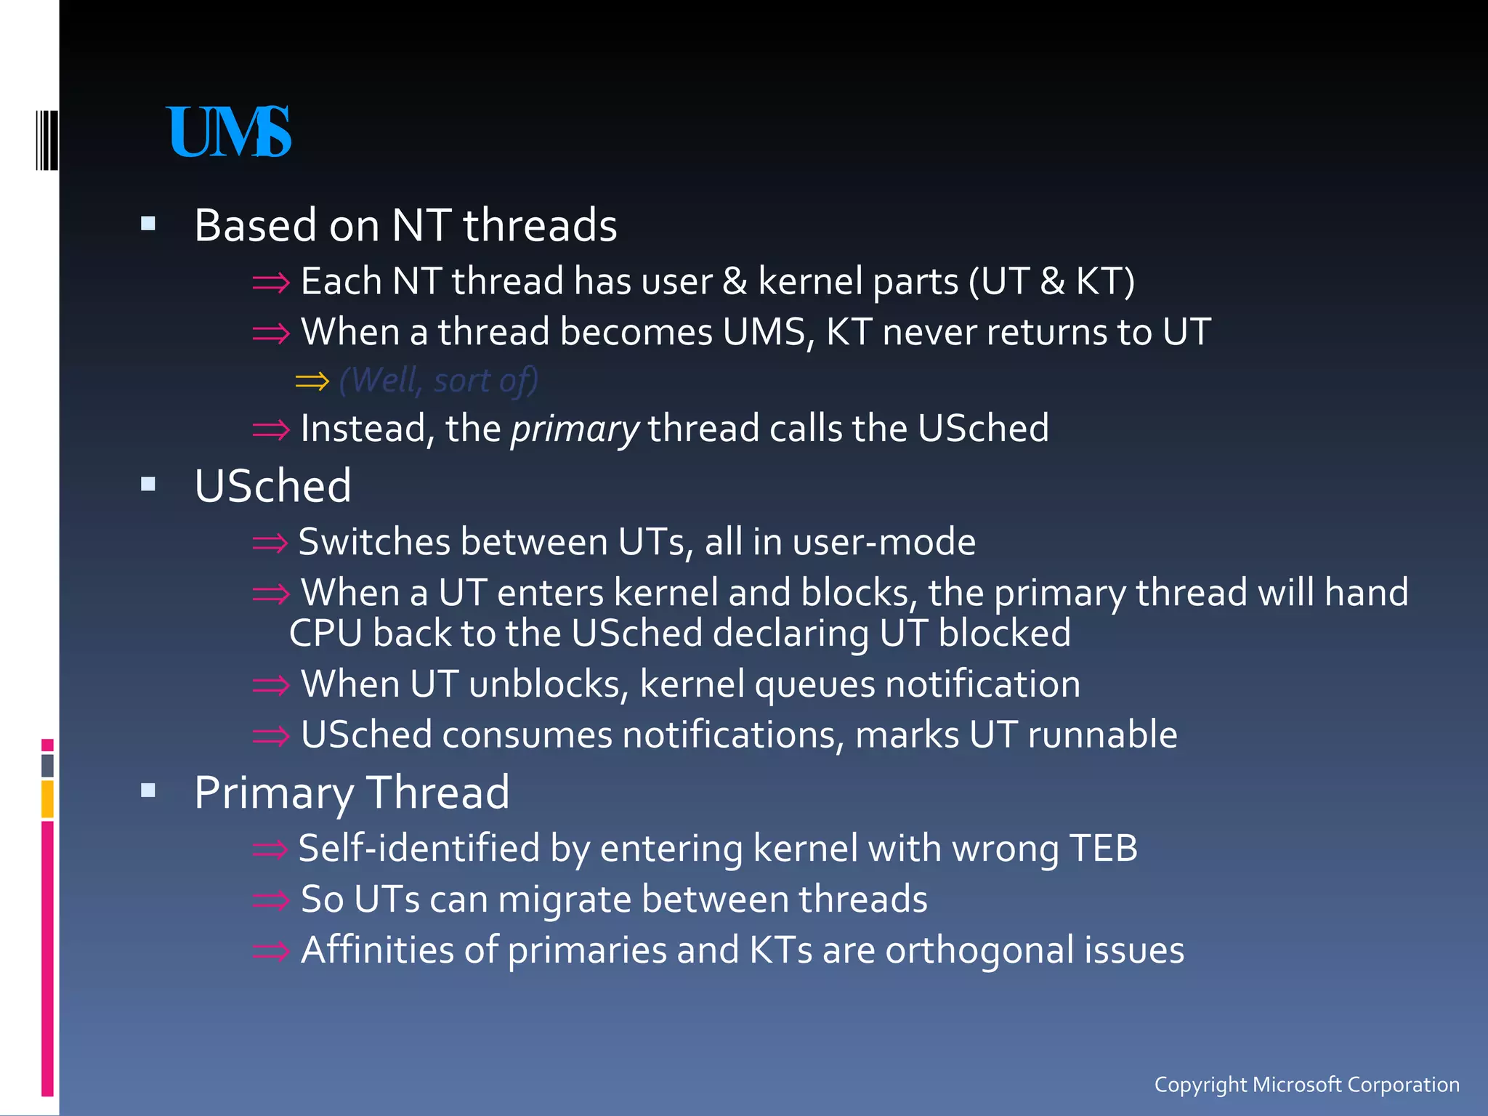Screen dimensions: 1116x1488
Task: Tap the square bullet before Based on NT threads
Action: [x=148, y=224]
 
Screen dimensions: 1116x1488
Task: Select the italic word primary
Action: [x=574, y=429]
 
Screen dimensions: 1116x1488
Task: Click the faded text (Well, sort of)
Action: [x=438, y=380]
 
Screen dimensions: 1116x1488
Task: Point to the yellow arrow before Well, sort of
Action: [x=312, y=381]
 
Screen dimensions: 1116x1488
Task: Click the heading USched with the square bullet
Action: [x=272, y=485]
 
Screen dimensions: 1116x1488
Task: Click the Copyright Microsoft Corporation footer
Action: [x=1306, y=1084]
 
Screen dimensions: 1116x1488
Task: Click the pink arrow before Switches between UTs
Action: [x=270, y=542]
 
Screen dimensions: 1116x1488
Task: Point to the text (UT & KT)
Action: [x=1051, y=281]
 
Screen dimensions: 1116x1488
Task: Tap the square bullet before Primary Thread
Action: [x=148, y=791]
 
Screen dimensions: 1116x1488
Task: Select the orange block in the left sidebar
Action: [x=47, y=798]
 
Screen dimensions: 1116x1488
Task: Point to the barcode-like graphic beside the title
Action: [x=47, y=139]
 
